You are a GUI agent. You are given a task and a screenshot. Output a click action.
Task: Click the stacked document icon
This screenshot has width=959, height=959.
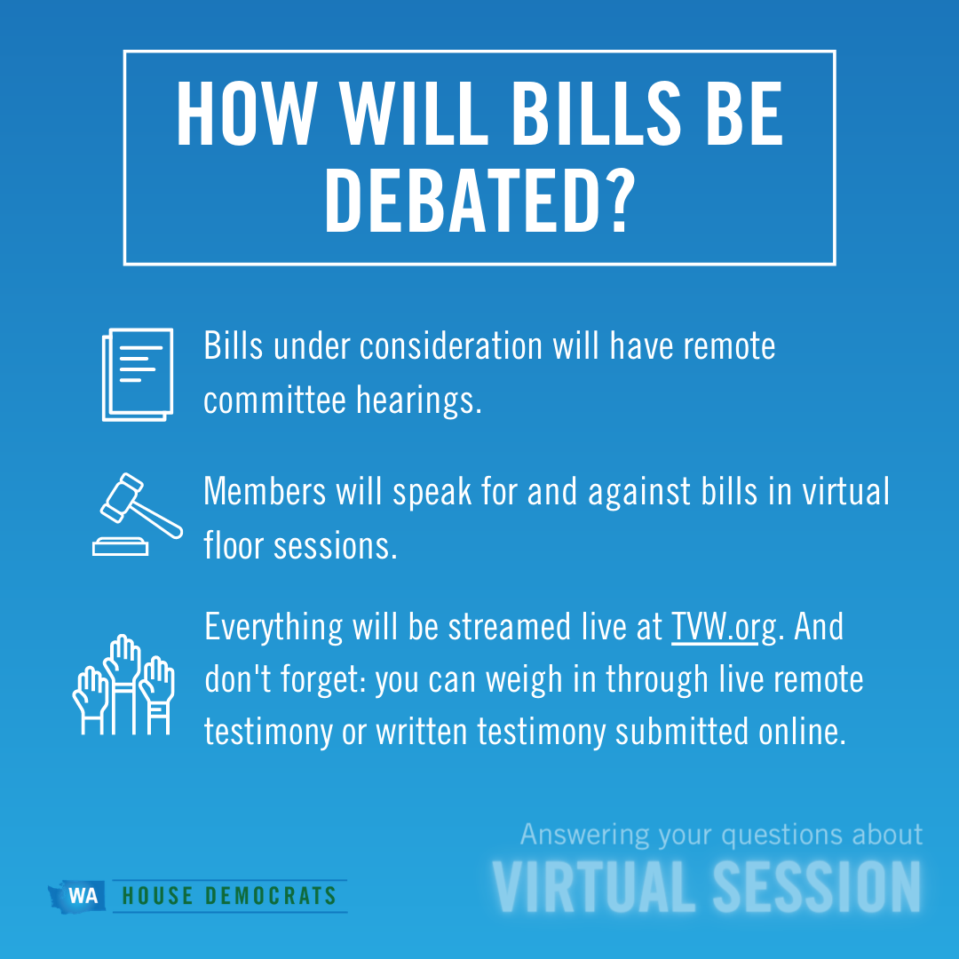[x=138, y=375]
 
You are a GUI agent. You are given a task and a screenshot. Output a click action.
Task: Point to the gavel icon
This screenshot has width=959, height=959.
[x=138, y=514]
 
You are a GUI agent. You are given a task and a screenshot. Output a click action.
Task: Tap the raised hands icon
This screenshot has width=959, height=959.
[x=123, y=685]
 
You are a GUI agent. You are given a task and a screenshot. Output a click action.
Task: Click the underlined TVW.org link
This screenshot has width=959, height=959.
[x=725, y=628]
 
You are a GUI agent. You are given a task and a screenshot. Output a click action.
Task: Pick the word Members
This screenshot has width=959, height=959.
[x=265, y=491]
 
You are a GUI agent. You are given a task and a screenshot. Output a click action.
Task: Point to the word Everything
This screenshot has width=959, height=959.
[x=273, y=628]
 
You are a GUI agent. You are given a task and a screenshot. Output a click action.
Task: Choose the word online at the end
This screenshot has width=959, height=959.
[x=802, y=732]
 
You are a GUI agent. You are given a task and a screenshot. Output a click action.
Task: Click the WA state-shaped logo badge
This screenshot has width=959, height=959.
[x=77, y=896]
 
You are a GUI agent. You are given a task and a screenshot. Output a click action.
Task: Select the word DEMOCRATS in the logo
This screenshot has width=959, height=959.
[x=271, y=896]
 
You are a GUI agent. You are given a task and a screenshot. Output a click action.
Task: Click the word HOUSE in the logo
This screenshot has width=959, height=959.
[x=158, y=896]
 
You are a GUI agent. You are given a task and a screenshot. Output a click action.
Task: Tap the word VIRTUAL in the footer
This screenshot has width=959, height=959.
[x=592, y=887]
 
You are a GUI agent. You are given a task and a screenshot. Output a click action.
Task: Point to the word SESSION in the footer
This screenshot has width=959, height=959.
[x=817, y=887]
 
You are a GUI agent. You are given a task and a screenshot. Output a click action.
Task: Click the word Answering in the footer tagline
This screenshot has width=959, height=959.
[x=584, y=836]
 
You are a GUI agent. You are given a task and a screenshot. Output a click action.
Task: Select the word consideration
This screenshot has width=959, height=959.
[x=451, y=346]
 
